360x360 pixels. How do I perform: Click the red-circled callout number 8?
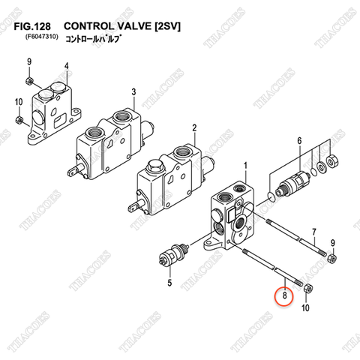(284, 295)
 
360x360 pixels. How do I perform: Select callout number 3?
(133, 91)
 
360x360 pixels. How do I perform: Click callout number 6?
(298, 140)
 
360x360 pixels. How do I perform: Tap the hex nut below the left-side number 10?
(19, 119)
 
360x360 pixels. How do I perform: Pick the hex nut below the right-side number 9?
(332, 259)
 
